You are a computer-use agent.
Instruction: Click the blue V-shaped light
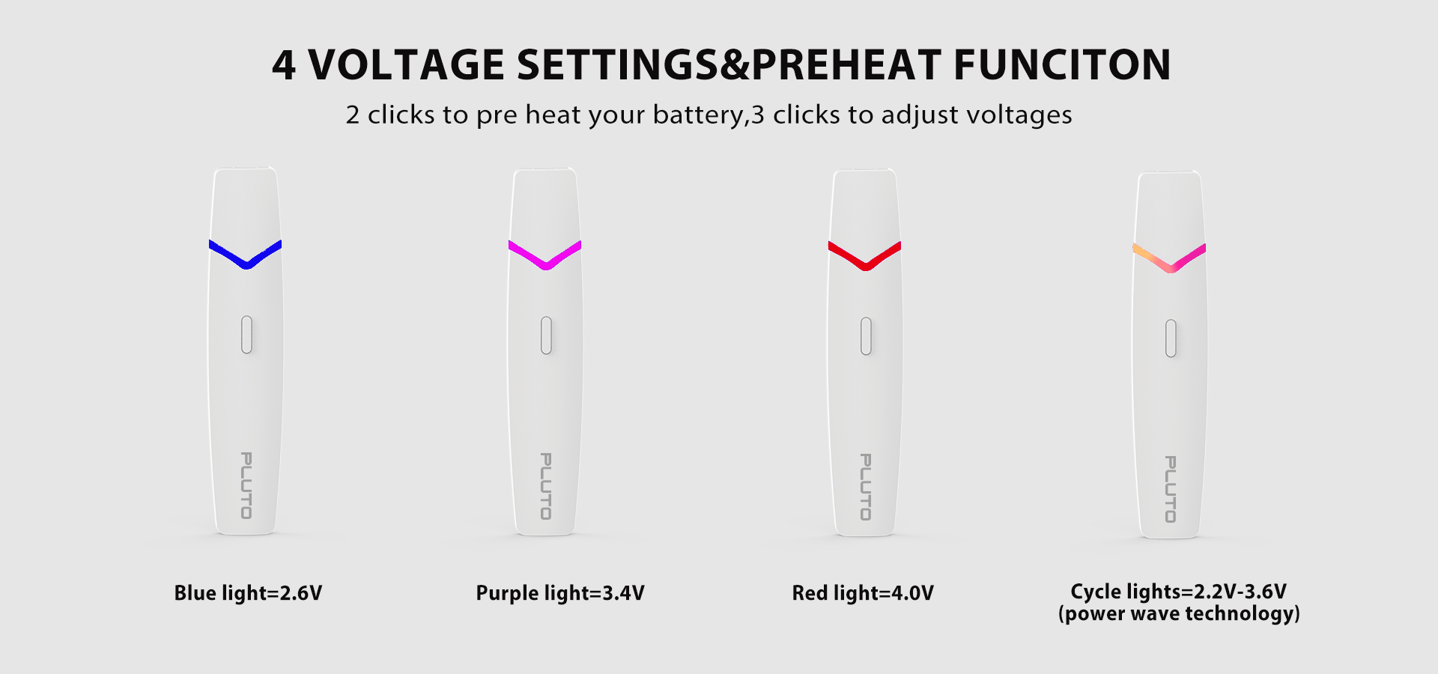tap(246, 263)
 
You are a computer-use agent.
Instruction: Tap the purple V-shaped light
tap(546, 264)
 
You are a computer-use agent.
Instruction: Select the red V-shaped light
tap(866, 265)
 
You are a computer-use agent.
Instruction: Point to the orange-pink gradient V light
tap(1171, 267)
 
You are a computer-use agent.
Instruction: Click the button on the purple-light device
tap(546, 335)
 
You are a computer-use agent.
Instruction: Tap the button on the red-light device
tap(866, 336)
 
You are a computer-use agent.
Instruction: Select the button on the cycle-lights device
tap(1171, 338)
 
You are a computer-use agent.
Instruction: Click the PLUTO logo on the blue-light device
tap(246, 485)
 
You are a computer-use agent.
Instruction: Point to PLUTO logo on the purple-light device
tap(546, 486)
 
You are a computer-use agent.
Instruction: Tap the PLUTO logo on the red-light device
tap(866, 487)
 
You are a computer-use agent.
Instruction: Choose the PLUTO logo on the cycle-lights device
tap(1171, 489)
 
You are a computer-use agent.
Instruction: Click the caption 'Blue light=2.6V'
tap(248, 594)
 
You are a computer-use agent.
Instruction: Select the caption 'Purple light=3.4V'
tap(560, 594)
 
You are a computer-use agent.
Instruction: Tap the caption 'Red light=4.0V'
tap(863, 594)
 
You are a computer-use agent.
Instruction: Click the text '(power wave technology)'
tap(1179, 614)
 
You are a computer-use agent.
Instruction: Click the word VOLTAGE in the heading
tap(407, 64)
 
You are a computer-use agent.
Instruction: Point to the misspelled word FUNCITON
tap(1062, 64)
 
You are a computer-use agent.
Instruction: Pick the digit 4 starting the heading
tap(284, 65)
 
